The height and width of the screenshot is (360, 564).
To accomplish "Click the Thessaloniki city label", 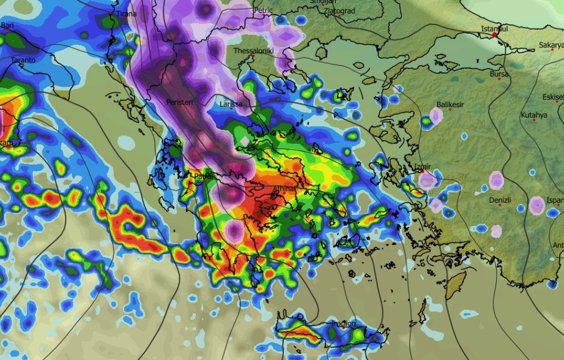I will coord(253,51).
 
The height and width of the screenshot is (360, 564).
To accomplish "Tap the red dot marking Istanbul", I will coord(495,35).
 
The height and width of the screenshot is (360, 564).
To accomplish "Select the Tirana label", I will coord(127,13).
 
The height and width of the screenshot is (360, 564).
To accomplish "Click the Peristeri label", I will coord(179,102).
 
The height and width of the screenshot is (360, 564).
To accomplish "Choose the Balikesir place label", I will coord(450,105).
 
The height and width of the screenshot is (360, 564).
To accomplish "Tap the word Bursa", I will coord(499,74).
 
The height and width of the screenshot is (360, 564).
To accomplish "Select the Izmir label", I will coord(423,167).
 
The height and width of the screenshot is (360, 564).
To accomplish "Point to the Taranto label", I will coord(23,60).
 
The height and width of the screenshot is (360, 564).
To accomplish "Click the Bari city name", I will coord(7,25).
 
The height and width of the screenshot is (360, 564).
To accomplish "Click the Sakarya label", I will coord(551,45).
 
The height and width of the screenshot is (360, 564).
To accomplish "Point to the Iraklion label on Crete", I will coord(344,323).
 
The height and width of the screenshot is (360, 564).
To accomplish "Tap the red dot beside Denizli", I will coord(499,206).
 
